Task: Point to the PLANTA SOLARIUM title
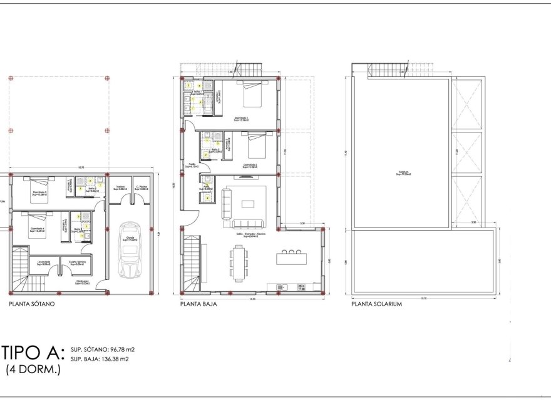click(x=376, y=304)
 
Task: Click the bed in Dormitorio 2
click(x=257, y=146)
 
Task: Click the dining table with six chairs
click(x=240, y=262)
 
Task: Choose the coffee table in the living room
click(x=248, y=204)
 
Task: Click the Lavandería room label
click(x=44, y=263)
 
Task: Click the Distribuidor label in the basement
click(x=82, y=283)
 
